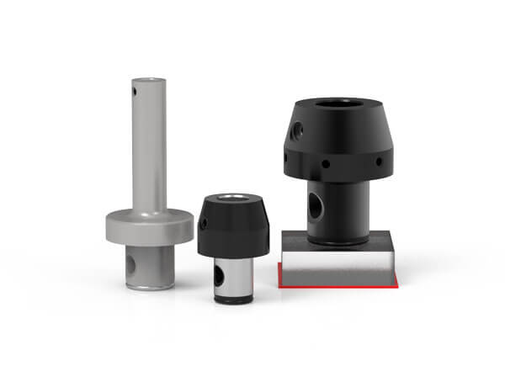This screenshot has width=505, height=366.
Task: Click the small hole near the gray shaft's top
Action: pyautogui.click(x=134, y=85)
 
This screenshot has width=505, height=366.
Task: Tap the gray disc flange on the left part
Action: pyautogui.click(x=149, y=228)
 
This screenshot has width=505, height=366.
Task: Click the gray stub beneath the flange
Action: pyautogui.click(x=151, y=265)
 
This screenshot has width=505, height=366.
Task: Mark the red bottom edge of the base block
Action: pyautogui.click(x=337, y=286)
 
